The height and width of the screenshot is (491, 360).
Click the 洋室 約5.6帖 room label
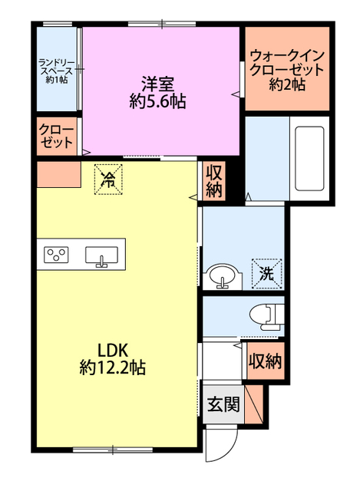click(157, 93)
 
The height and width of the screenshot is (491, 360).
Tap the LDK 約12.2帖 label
click(113, 359)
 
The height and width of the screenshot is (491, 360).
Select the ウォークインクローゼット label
click(287, 63)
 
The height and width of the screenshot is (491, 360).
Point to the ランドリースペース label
click(57, 67)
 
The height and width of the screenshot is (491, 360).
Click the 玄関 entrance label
click(223, 404)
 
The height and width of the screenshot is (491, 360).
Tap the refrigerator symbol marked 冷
click(108, 180)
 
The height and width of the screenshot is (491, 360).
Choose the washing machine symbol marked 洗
click(267, 274)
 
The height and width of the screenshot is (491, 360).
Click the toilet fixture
click(267, 317)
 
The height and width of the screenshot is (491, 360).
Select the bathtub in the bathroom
click(309, 158)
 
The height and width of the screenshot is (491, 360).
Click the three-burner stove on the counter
click(56, 255)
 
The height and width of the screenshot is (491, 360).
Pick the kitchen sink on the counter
click(102, 256)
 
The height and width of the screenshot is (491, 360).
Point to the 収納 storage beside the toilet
click(266, 361)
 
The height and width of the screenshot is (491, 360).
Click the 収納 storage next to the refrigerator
click(213, 181)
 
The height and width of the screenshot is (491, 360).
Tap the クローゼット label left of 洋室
click(56, 137)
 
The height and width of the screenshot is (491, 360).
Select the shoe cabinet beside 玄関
click(253, 404)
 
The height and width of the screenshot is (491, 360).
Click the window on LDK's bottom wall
click(113, 450)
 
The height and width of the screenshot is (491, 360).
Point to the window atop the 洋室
click(162, 24)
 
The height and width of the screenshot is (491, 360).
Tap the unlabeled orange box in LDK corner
click(59, 175)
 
